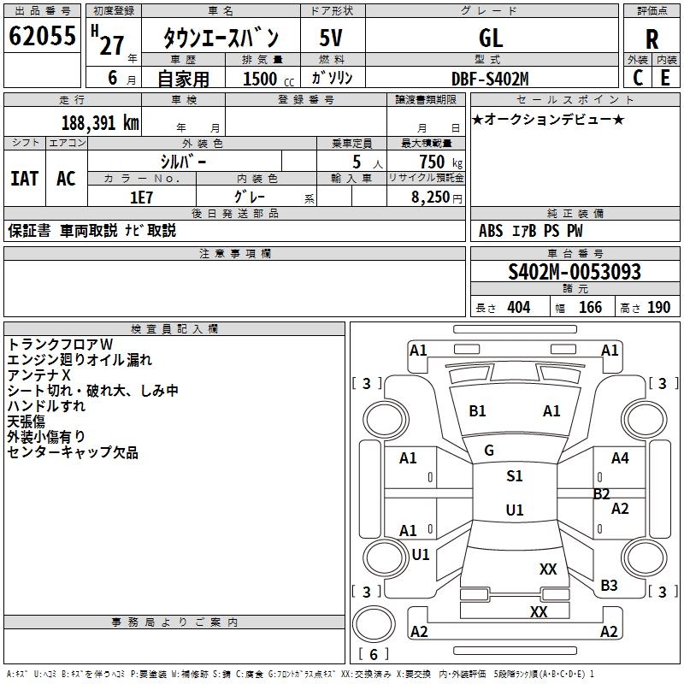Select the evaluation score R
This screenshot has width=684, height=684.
tap(652, 38)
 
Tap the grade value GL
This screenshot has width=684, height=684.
tap(491, 38)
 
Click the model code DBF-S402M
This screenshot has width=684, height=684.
tap(491, 79)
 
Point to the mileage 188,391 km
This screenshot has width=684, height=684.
tap(101, 122)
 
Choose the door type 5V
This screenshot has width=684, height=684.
tap(332, 38)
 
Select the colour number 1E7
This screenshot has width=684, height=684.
tap(141, 196)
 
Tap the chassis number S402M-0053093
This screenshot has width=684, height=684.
tap(575, 272)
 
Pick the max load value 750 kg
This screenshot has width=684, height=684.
tap(433, 162)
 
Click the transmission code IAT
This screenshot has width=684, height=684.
tap(24, 178)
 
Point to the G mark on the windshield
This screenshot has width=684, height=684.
tap(489, 451)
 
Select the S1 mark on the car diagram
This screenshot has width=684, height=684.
tap(514, 476)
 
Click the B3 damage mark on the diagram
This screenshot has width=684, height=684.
tap(609, 586)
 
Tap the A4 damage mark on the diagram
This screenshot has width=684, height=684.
tap(620, 458)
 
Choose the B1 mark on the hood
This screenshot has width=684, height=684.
tap(477, 411)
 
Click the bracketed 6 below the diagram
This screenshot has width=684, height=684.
tap(374, 654)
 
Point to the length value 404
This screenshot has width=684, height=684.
tap(518, 308)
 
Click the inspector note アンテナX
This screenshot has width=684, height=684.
tap(38, 375)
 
